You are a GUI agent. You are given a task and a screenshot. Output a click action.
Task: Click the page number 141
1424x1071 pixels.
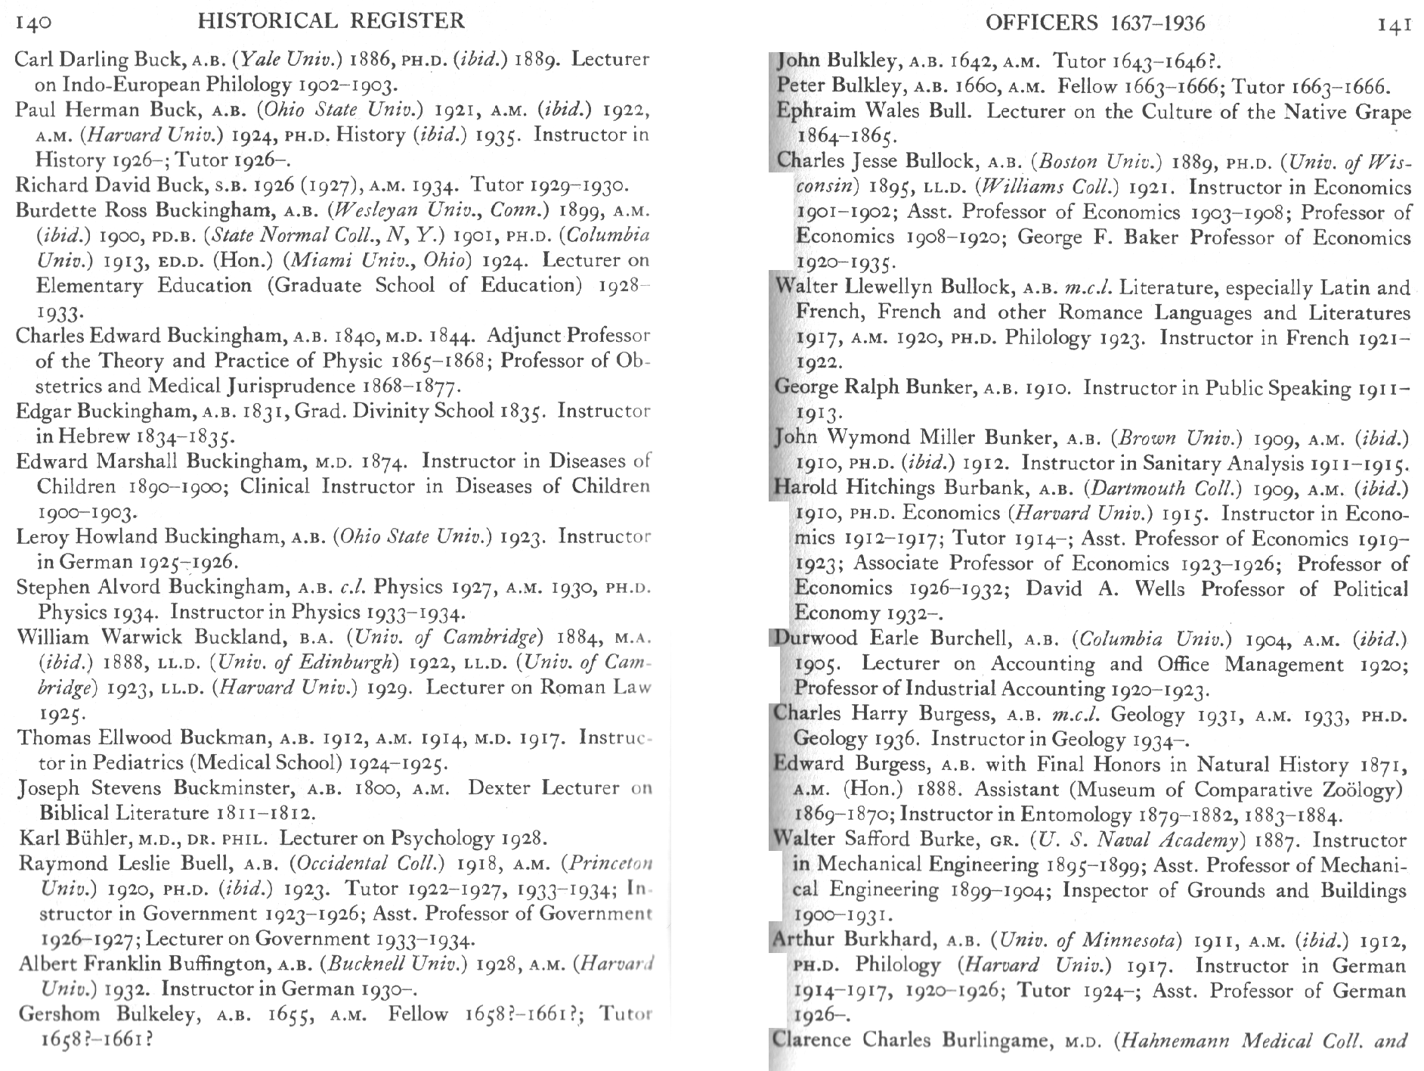[1395, 25]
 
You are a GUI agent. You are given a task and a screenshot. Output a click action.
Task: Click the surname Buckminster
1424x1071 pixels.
[232, 788]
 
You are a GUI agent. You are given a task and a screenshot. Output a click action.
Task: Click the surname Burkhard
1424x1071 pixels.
[891, 939]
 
